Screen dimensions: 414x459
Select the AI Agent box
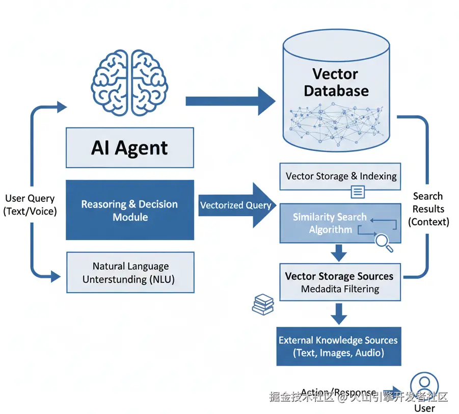130,148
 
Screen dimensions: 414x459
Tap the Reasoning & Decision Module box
130,210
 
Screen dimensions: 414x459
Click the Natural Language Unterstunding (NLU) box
130,272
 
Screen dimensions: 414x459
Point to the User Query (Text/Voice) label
30,205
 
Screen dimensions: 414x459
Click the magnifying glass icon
384,243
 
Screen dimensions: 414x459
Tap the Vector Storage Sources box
340,282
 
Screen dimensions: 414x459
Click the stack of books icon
263,305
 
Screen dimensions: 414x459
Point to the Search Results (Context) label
428,209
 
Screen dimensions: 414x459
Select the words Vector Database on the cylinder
336,83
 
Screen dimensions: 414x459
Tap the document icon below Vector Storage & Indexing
358,192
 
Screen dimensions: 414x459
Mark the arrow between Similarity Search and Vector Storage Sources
339,252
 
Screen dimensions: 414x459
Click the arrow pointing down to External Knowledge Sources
339,313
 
